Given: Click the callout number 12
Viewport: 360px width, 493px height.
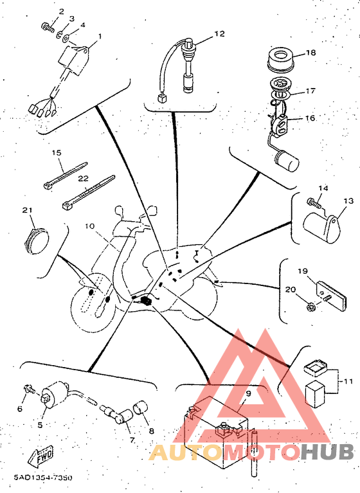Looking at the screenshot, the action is point(220,33).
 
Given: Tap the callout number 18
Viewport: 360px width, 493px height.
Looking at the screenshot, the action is point(310,53).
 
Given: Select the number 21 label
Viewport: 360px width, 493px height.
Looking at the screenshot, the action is point(28,210).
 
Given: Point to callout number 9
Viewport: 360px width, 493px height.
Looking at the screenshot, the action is point(248,393).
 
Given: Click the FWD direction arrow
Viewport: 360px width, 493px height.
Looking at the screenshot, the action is point(41,455).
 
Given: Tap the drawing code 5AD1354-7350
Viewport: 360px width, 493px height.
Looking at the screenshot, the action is point(43,478).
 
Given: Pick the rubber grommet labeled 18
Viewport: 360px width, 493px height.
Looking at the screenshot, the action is point(280,59).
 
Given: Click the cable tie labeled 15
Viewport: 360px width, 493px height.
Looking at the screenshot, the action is point(65,175).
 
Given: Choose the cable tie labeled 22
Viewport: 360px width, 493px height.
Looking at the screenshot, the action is point(89,192).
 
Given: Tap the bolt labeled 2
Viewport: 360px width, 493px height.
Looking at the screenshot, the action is point(48,26).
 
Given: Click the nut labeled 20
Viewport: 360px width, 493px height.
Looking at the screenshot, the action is point(310,307).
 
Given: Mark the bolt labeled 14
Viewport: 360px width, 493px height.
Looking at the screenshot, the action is point(314,203).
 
